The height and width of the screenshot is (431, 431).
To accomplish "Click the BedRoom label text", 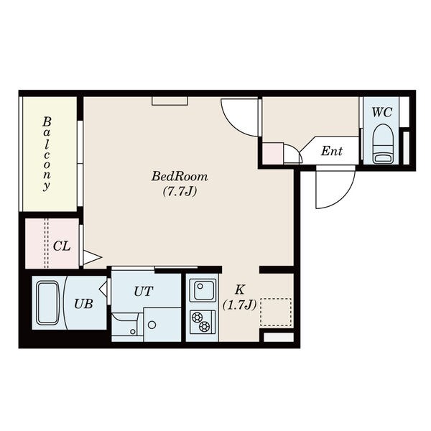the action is tap(180, 176).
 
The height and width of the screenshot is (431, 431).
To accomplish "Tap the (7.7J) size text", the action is tap(180, 192).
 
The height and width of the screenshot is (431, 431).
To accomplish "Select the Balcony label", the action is tap(47, 154).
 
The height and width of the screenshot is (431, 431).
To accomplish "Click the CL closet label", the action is tap(62, 246).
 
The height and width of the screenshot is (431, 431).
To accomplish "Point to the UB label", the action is tap(83, 304).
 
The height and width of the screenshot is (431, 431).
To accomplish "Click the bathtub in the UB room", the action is tap(48, 302).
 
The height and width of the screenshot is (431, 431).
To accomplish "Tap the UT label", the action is tap(143, 292).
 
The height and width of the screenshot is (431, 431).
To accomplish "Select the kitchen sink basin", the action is tap(205, 290).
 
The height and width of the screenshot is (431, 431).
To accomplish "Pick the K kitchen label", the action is tap(240, 289).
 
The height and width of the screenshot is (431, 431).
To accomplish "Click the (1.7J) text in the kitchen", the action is tap(239, 305).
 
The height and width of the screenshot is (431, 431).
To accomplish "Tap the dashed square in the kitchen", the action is tap(276, 312).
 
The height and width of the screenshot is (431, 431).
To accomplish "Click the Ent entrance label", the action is tap(332, 151).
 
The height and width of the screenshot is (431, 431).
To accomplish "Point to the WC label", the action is tap(382, 112).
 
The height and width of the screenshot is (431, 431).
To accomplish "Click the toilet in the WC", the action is tap(383, 144).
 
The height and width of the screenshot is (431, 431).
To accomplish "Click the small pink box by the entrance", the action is tap(273, 153).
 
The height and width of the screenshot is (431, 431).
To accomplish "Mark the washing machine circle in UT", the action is tap(152, 325).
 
